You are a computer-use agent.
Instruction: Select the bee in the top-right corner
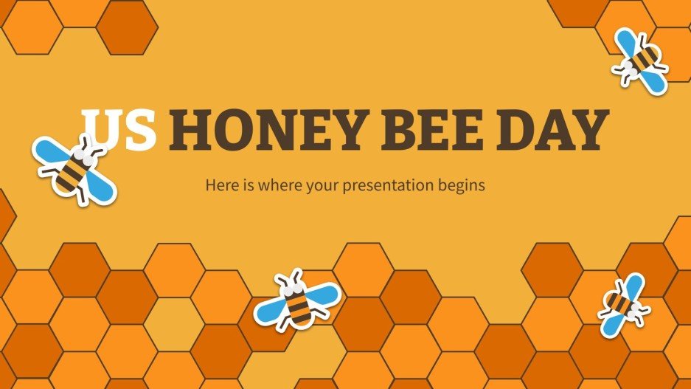click(639, 61)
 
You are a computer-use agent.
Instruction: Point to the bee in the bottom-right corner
click(624, 303)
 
